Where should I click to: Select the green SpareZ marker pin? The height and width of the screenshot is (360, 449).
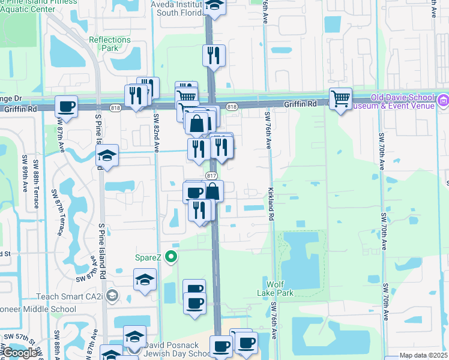(172, 258)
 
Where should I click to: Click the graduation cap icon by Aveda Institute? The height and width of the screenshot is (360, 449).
(213, 6)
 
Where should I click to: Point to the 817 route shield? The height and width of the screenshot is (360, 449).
(211, 175)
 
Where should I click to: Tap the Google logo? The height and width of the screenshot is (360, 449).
(20, 353)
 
